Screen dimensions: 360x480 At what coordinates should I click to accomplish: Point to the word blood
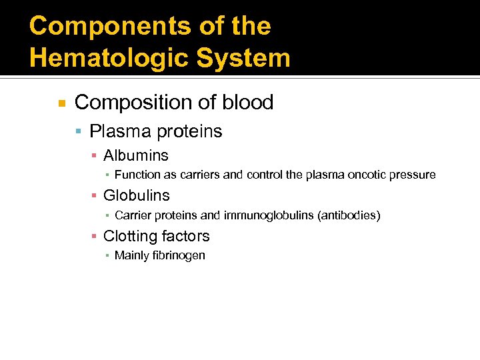tap(248, 103)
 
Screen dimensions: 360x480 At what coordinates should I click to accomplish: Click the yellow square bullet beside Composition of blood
tap(61, 103)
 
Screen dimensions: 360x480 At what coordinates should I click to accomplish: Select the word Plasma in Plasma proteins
tap(117, 131)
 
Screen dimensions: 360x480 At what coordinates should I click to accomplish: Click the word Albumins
tap(136, 156)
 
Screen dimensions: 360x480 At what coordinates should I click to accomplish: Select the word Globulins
tap(137, 196)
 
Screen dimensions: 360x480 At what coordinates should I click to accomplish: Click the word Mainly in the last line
tap(131, 256)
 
